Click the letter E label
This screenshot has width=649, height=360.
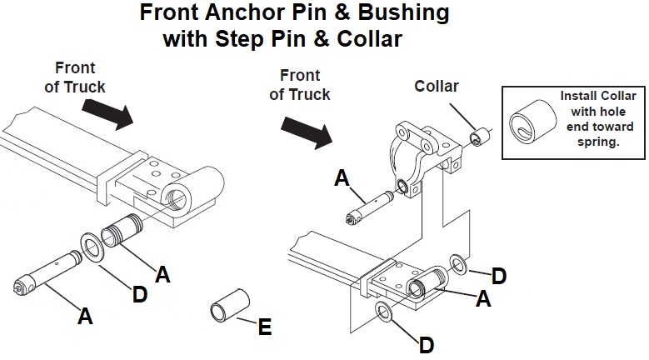coord(264,327)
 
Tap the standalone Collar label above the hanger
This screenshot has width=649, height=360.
coord(437,86)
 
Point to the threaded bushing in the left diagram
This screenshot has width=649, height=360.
coord(121,232)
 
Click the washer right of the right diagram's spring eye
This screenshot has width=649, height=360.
coord(459,265)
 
